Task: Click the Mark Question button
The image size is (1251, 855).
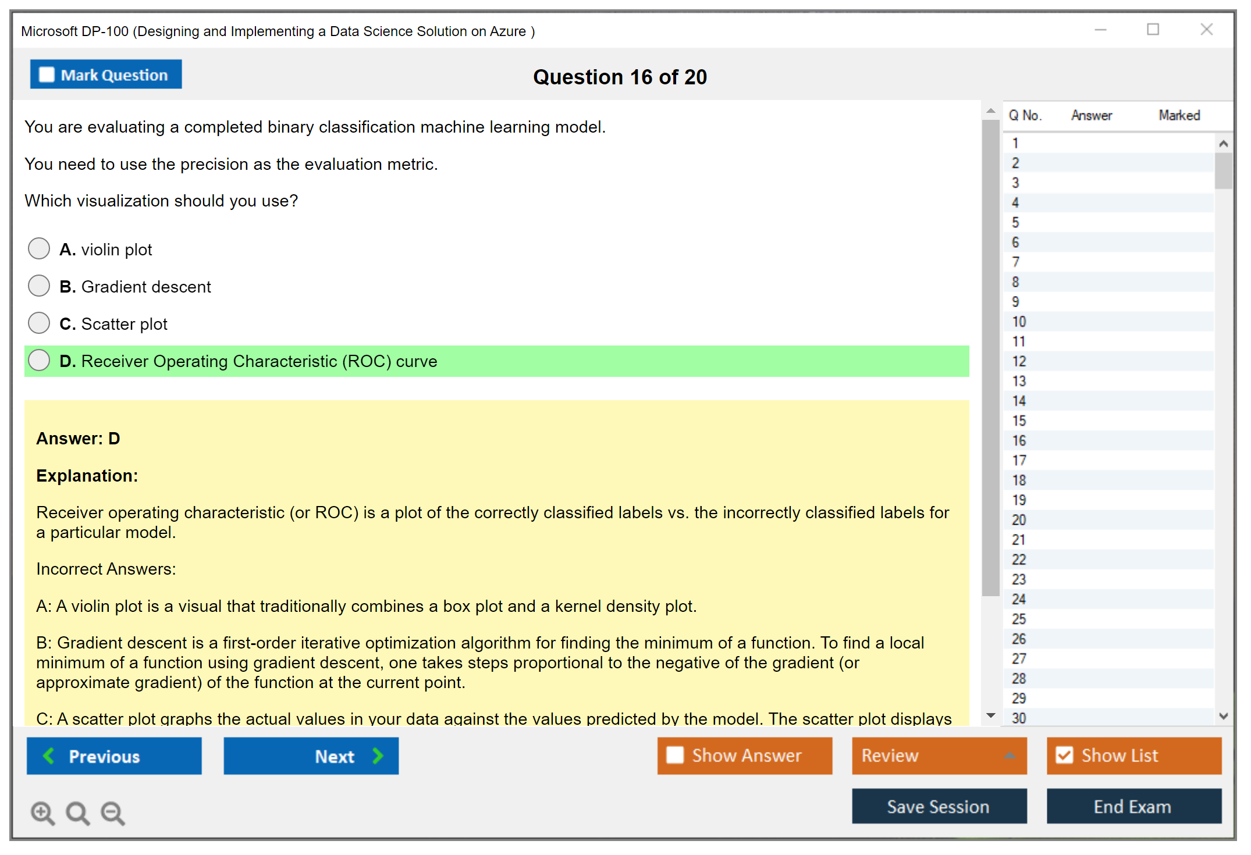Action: click(x=106, y=74)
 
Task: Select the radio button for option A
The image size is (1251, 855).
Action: click(x=39, y=248)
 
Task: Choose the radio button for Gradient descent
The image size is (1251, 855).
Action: click(x=39, y=286)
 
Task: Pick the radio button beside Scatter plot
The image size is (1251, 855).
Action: click(x=39, y=323)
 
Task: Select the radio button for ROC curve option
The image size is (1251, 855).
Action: click(x=39, y=360)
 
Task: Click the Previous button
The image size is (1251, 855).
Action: click(x=114, y=756)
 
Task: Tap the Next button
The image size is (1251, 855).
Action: click(x=311, y=756)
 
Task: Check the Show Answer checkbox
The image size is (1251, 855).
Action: click(x=675, y=755)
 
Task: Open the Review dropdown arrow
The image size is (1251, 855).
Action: click(x=1010, y=756)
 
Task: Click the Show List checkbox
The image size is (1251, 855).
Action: click(x=1064, y=755)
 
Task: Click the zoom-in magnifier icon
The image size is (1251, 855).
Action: click(x=42, y=813)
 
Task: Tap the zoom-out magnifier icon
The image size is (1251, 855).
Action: click(x=113, y=813)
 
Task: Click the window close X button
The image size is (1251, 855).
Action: click(x=1207, y=29)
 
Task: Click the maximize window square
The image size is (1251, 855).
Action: click(x=1153, y=29)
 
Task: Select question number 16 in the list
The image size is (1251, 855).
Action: click(x=1019, y=440)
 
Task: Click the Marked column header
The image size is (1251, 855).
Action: click(x=1179, y=115)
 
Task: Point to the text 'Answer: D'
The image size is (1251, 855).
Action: click(x=78, y=439)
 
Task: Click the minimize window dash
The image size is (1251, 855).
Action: click(x=1101, y=30)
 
